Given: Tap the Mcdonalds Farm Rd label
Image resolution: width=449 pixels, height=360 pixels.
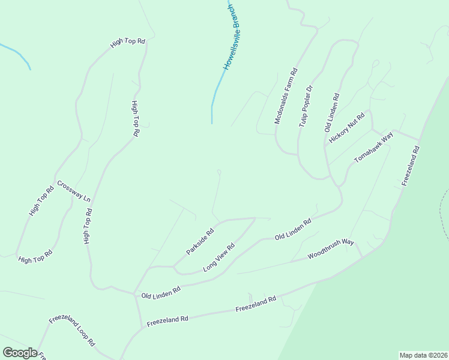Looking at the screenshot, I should pyautogui.click(x=286, y=97).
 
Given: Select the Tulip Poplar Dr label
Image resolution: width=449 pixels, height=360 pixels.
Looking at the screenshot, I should pyautogui.click(x=306, y=105).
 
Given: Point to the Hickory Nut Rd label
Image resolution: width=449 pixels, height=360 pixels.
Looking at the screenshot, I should pyautogui.click(x=347, y=128).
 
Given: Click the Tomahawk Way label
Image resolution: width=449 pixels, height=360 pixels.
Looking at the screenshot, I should pyautogui.click(x=373, y=146).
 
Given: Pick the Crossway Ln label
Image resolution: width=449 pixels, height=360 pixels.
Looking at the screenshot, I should pyautogui.click(x=74, y=191).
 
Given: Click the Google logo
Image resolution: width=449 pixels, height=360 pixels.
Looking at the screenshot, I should pyautogui.click(x=19, y=353).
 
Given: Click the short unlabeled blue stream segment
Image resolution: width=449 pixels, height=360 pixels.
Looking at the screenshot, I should pyautogui.click(x=17, y=55).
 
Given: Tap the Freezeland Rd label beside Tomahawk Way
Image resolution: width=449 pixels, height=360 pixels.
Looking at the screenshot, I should pyautogui.click(x=411, y=166).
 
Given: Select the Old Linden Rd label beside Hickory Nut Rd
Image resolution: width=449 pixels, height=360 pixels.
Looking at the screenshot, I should pyautogui.click(x=331, y=112).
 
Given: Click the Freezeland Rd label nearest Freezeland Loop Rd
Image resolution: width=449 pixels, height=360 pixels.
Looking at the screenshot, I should pyautogui.click(x=168, y=320).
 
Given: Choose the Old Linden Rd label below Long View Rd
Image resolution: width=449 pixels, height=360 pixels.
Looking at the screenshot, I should pyautogui.click(x=161, y=292).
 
